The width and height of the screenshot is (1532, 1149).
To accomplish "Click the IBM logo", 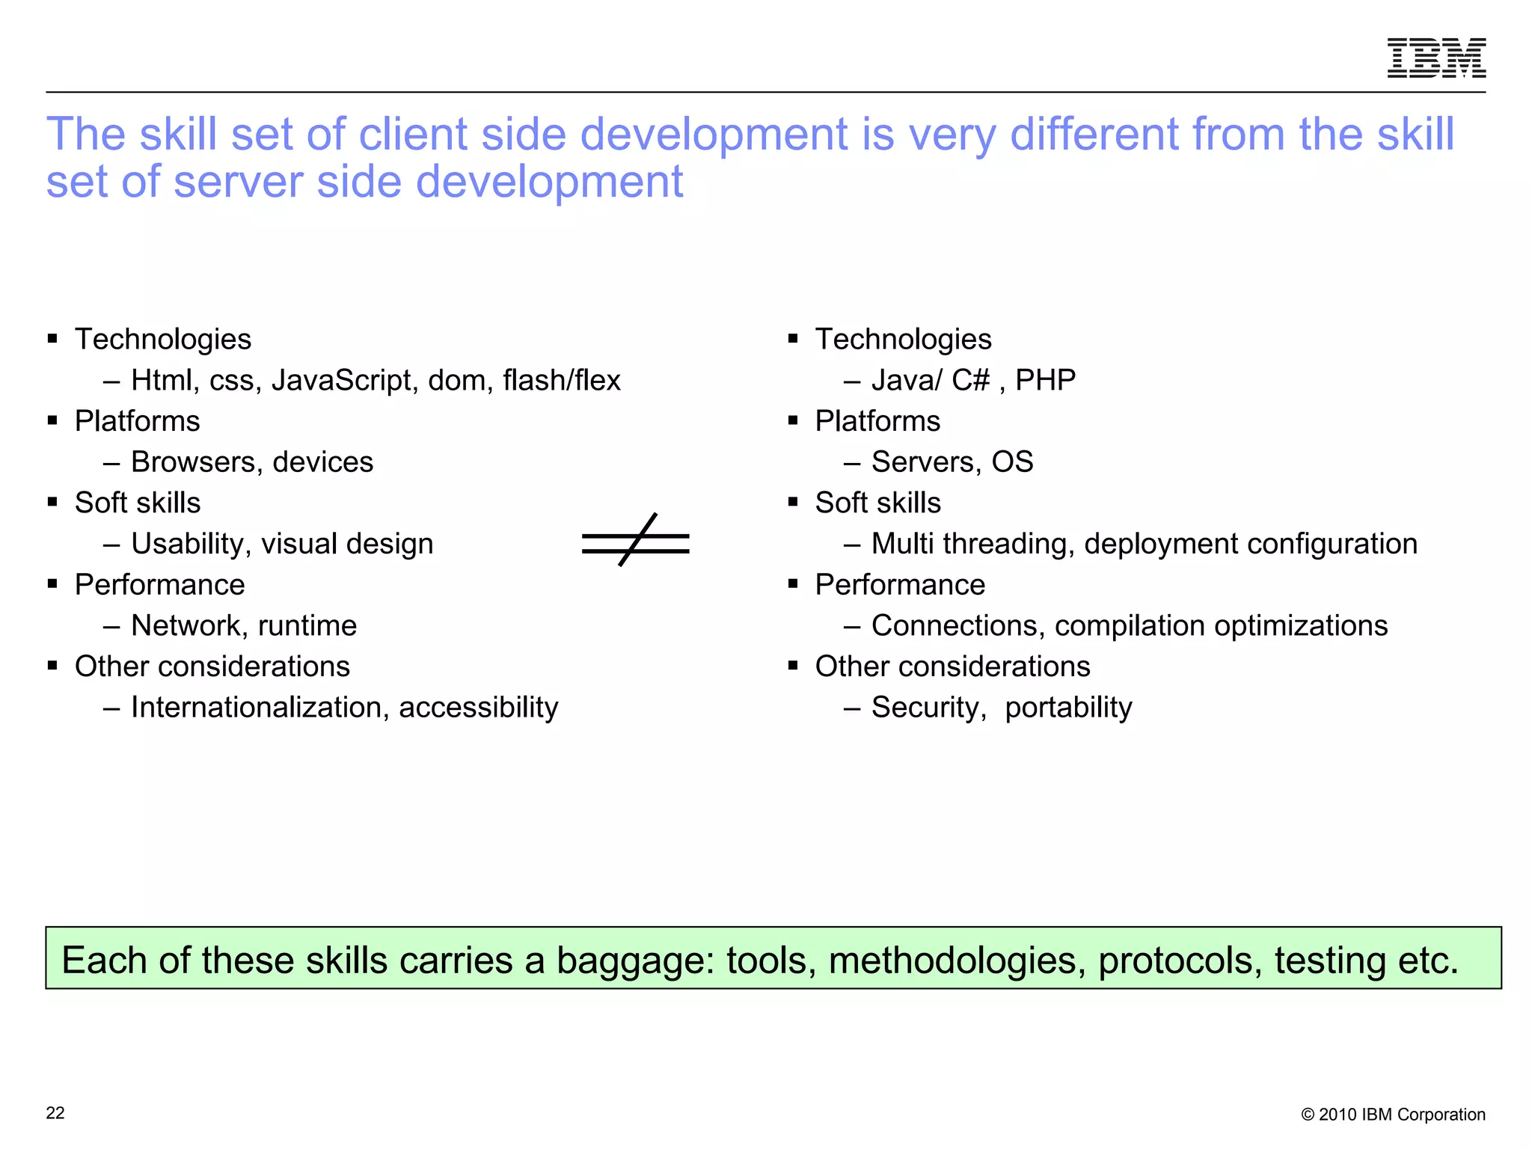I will click(1436, 58).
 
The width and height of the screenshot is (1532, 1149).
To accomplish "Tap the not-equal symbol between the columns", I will click(636, 541).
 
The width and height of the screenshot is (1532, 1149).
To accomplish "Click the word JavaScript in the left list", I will click(341, 381).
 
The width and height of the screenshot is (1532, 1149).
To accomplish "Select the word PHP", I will click(1045, 381).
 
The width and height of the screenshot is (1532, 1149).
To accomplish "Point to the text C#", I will click(970, 381).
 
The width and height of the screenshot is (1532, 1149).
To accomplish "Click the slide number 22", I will click(55, 1113).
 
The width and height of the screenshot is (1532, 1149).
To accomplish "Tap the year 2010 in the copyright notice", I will click(1338, 1115).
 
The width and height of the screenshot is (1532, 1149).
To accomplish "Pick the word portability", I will click(1068, 708).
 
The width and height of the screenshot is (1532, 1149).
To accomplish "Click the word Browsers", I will click(193, 462).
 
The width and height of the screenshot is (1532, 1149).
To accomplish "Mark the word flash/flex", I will click(561, 381).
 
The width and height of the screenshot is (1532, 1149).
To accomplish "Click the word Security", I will click(928, 708).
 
